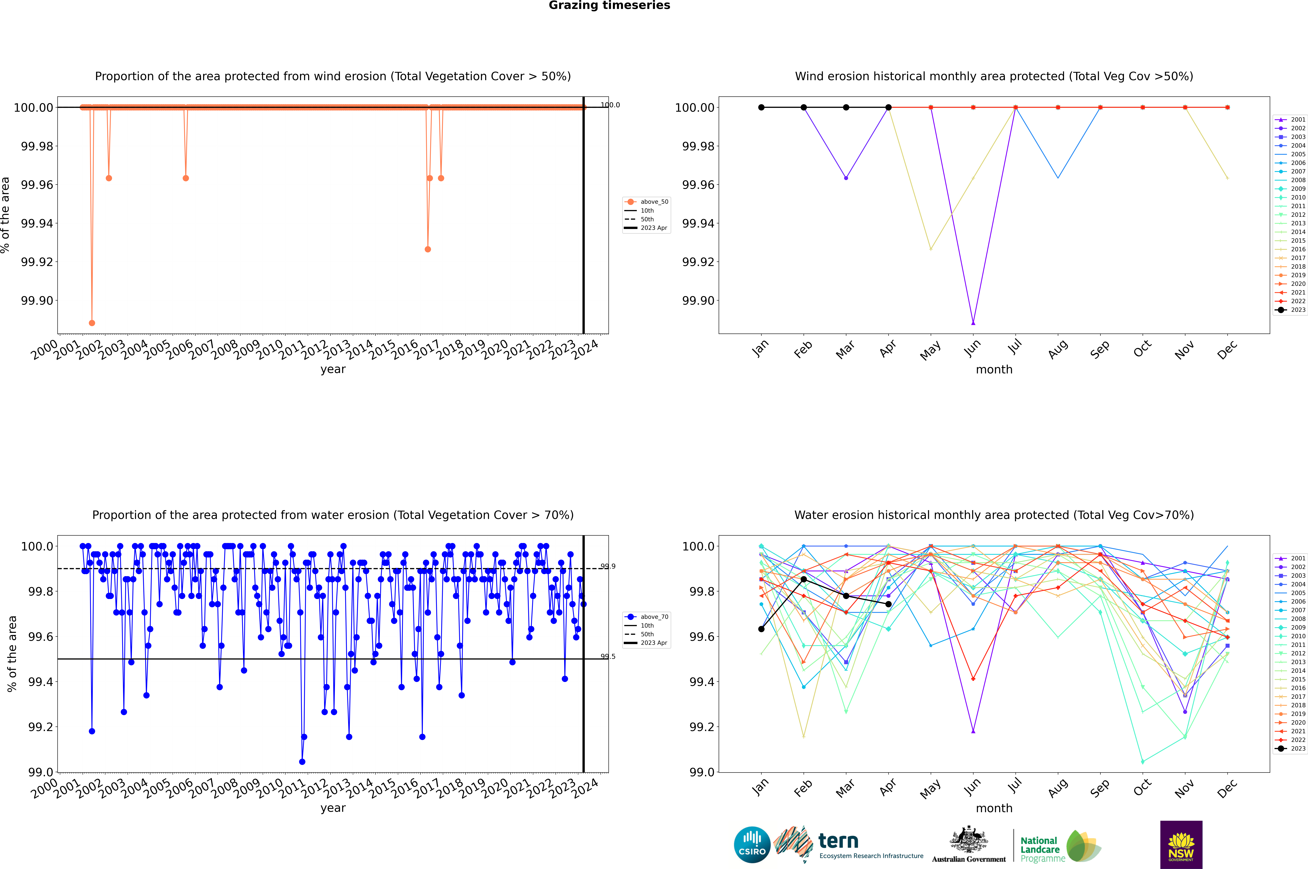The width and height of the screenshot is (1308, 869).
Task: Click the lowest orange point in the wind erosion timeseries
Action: click(92, 323)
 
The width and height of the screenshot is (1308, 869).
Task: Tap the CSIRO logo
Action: click(752, 845)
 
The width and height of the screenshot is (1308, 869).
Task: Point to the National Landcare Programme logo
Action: click(1059, 846)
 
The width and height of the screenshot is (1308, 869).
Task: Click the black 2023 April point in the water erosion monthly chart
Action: click(888, 604)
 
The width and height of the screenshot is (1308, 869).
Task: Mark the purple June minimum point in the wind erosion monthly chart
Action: click(973, 323)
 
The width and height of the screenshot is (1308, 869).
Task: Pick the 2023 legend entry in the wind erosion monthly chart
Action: click(1292, 310)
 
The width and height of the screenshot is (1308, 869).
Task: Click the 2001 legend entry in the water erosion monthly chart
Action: click(1292, 558)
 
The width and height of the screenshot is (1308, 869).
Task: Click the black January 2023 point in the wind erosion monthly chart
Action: click(761, 108)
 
